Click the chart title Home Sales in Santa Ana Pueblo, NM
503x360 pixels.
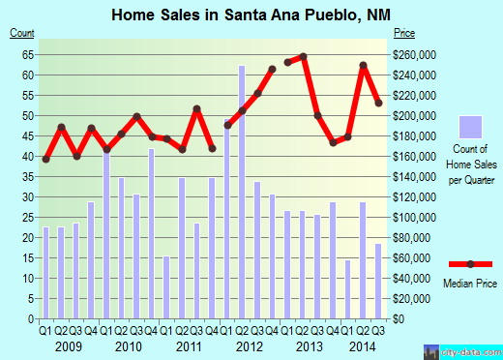point(251,15)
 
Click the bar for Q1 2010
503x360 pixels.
point(106,232)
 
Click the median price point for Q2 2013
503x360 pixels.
point(303,56)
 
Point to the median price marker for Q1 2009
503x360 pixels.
point(45,159)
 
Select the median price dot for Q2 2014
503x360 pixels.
point(363,66)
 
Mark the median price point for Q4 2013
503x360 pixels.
point(333,142)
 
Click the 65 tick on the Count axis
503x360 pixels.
point(27,54)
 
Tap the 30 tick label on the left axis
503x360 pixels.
point(27,196)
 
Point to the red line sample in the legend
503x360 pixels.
point(470,264)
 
